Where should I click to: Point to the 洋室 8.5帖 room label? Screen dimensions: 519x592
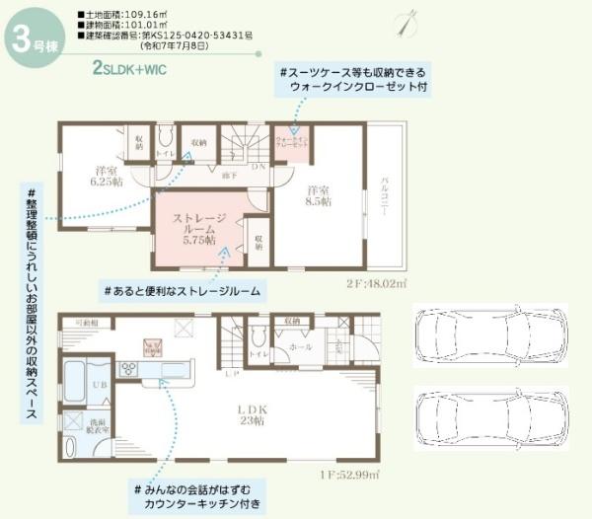click(x=318, y=194)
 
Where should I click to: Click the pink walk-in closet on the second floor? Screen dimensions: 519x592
click(x=290, y=141)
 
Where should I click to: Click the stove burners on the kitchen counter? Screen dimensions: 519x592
click(x=128, y=368)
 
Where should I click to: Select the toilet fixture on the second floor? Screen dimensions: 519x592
click(x=165, y=138)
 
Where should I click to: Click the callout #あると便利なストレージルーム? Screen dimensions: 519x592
click(x=182, y=291)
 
